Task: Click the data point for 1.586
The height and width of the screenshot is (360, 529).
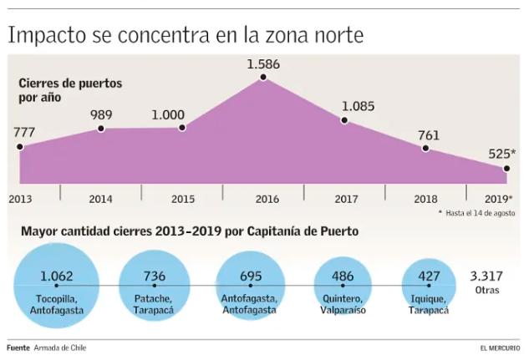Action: pyautogui.click(x=263, y=78)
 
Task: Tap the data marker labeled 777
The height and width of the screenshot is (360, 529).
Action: pyautogui.click(x=20, y=146)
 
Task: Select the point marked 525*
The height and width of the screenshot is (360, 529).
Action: pyautogui.click(x=506, y=169)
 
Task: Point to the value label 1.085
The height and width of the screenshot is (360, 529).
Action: pyautogui.click(x=358, y=107)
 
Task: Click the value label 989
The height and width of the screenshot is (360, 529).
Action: pyautogui.click(x=100, y=115)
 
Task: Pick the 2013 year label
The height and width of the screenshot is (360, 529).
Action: pyautogui.click(x=20, y=200)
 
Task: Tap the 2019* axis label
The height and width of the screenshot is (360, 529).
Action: pyautogui.click(x=498, y=200)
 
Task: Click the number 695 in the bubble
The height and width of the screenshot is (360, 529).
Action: pyautogui.click(x=251, y=276)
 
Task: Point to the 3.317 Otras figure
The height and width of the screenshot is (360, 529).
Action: pyautogui.click(x=486, y=281)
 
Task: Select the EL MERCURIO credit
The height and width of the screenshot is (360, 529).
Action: pyautogui.click(x=500, y=347)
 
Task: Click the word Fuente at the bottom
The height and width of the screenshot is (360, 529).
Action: pyautogui.click(x=18, y=347)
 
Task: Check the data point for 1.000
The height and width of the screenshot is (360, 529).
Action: pyautogui.click(x=182, y=128)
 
